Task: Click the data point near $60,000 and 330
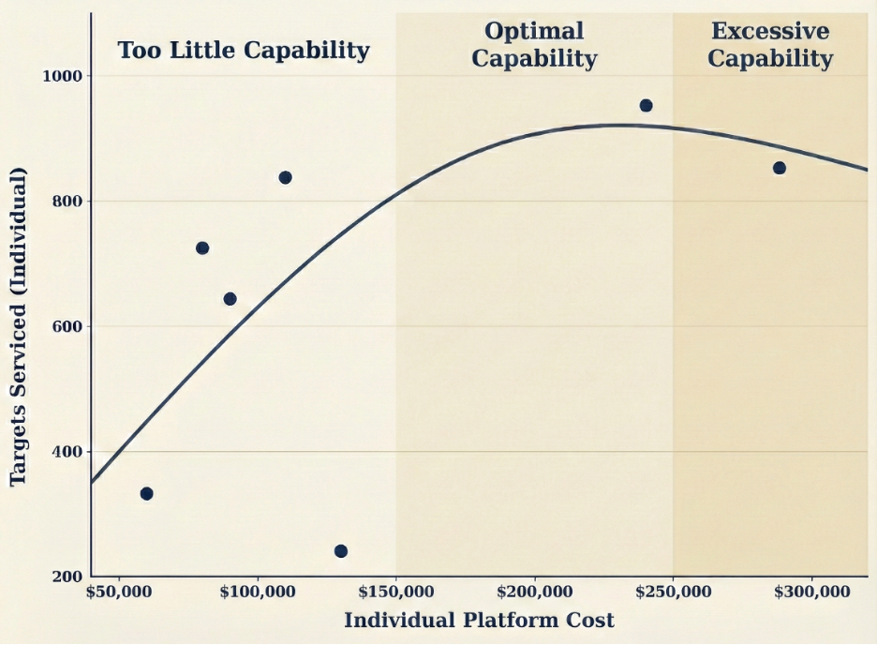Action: [146, 493]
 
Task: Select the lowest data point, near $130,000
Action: [340, 551]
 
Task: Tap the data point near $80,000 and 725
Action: [202, 247]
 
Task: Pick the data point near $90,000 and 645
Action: [230, 299]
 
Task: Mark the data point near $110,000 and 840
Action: [285, 177]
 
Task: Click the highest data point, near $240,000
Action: [646, 105]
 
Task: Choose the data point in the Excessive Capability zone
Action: [779, 168]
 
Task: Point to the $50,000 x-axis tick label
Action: [118, 592]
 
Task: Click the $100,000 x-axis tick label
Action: [257, 592]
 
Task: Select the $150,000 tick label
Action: [395, 592]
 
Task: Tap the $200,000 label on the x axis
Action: [534, 592]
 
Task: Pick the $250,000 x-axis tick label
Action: [673, 592]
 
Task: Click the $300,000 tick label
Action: [811, 592]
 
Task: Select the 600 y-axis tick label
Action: [67, 326]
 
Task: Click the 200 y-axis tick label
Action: [67, 577]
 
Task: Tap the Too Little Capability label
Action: [244, 50]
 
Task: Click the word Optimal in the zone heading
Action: [534, 31]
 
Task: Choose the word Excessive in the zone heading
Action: [770, 31]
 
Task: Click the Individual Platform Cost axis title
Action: [479, 621]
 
